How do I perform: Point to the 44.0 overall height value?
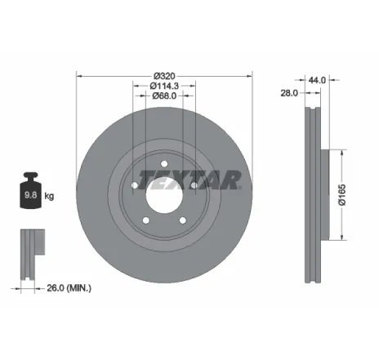317,79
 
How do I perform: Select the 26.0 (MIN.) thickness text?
69,287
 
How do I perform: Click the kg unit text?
50,196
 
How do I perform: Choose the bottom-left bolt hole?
146,219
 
